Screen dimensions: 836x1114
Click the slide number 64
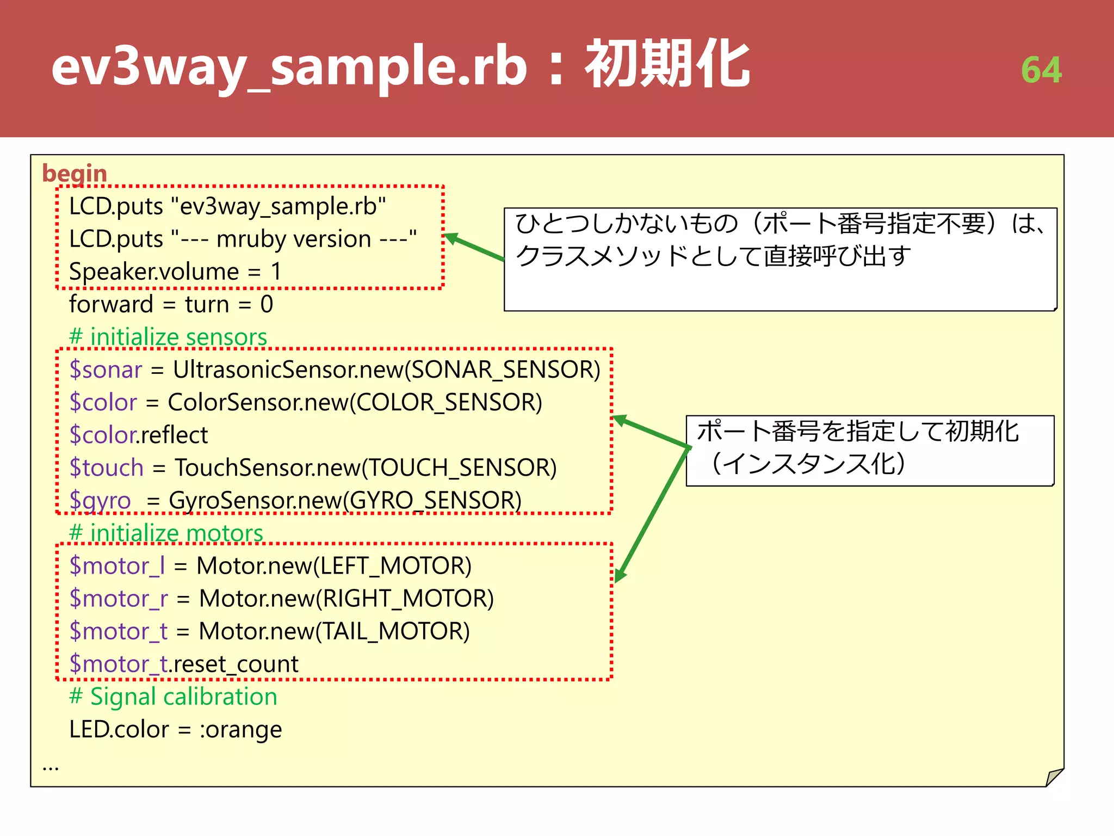coord(1041,70)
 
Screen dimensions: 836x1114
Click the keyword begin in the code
coord(75,173)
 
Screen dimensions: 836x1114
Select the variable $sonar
coord(106,370)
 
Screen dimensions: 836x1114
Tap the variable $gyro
coord(100,500)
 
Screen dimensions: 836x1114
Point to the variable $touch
coord(107,468)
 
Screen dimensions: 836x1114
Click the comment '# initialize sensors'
coord(168,337)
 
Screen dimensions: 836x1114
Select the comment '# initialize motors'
coord(166,533)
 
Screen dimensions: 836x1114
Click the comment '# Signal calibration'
coord(173,697)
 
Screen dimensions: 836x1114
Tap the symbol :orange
coord(241,729)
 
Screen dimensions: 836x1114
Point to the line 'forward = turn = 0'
coord(171,304)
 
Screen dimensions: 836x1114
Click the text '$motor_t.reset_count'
coord(184,664)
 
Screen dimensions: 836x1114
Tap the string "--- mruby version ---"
coord(294,239)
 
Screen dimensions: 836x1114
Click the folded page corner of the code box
coord(1054,777)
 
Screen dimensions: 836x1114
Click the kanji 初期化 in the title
coord(667,65)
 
